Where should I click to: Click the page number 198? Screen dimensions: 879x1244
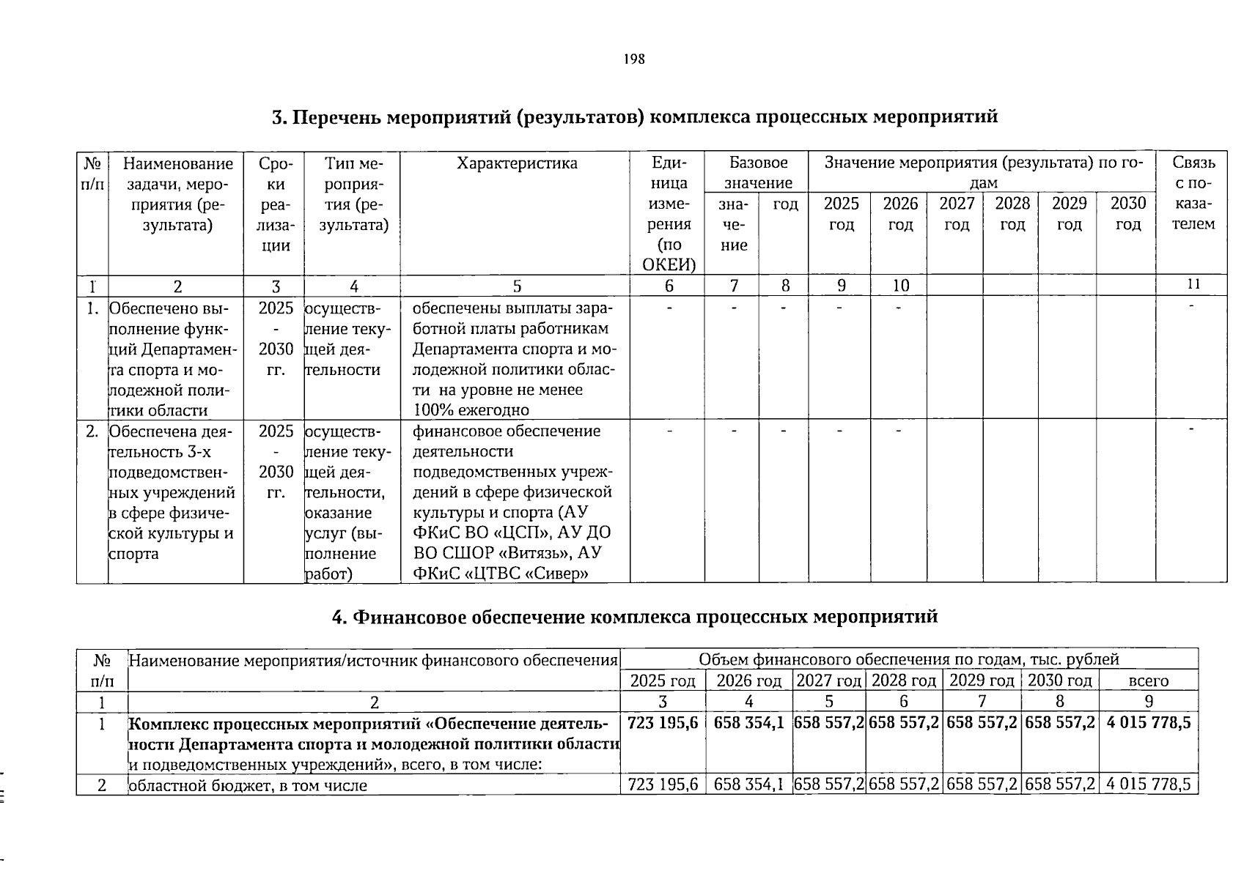point(634,59)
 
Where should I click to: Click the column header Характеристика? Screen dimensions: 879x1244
point(516,163)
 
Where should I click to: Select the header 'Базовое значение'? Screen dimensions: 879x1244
point(758,173)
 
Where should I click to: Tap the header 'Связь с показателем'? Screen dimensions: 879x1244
point(1193,193)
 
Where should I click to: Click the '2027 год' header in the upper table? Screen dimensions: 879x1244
point(957,213)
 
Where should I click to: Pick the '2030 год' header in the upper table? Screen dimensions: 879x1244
point(1127,213)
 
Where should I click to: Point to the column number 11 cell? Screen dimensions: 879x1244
point(1193,284)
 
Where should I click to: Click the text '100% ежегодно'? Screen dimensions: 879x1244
point(471,409)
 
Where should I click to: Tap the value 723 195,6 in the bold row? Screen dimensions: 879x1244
point(663,723)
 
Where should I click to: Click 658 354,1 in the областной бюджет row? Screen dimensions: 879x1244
point(748,785)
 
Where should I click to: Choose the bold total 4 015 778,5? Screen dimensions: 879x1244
point(1148,723)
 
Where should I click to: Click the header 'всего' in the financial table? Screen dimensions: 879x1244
point(1148,680)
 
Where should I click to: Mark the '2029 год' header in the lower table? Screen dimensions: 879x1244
point(982,680)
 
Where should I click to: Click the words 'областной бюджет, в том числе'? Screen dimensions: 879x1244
point(248,785)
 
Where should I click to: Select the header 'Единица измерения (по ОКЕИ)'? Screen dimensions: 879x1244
point(669,214)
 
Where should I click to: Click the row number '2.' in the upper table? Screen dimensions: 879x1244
point(92,431)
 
